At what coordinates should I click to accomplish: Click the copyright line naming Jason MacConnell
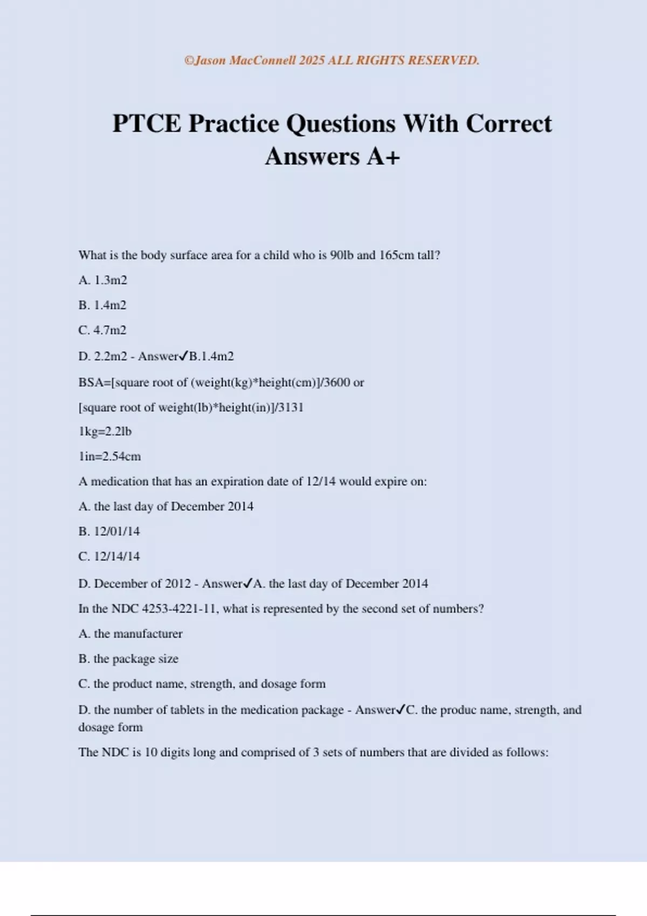click(x=332, y=60)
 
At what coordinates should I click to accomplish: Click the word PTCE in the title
click(x=147, y=124)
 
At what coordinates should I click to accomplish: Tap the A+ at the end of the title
click(x=383, y=157)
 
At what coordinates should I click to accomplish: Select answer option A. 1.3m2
click(x=102, y=280)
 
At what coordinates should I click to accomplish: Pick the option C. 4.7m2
click(x=102, y=330)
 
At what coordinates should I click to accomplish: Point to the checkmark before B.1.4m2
click(x=183, y=356)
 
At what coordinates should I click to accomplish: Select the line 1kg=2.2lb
click(x=105, y=432)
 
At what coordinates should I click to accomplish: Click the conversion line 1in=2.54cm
click(x=109, y=456)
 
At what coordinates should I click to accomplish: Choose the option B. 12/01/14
click(x=109, y=531)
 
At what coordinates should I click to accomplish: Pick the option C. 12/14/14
click(x=109, y=556)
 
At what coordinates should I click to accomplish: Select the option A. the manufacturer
click(x=130, y=634)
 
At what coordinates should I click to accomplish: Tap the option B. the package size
click(x=128, y=658)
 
